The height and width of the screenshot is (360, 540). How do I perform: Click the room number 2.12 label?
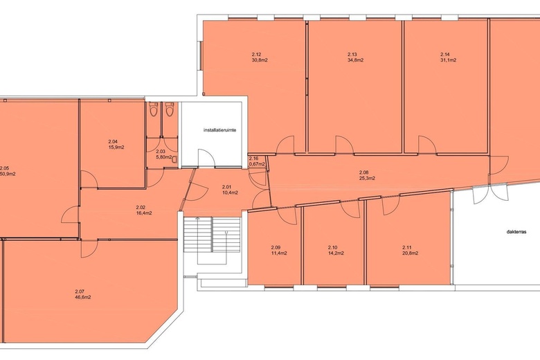pyautogui.click(x=256, y=55)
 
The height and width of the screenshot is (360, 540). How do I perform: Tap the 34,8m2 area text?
pyautogui.click(x=356, y=60)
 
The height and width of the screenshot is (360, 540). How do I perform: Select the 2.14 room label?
pyautogui.click(x=445, y=55)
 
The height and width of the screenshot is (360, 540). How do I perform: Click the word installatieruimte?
pyautogui.click(x=219, y=131)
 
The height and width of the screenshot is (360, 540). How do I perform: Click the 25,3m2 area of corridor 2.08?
pyautogui.click(x=367, y=178)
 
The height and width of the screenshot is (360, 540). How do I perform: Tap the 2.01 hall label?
pyautogui.click(x=226, y=187)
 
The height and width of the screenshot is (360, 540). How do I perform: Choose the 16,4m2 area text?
pyautogui.click(x=144, y=213)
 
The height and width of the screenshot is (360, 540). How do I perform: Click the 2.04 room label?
pyautogui.click(x=113, y=142)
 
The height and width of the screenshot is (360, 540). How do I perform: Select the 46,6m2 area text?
pyautogui.click(x=83, y=297)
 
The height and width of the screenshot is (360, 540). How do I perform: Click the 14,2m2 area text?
pyautogui.click(x=336, y=253)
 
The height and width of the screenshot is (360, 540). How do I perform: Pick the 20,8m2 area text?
pyautogui.click(x=410, y=253)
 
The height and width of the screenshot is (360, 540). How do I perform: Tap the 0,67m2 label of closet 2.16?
pyautogui.click(x=257, y=164)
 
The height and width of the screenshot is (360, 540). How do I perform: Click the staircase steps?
pyautogui.click(x=211, y=235)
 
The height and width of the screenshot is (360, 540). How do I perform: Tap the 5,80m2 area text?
pyautogui.click(x=164, y=157)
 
